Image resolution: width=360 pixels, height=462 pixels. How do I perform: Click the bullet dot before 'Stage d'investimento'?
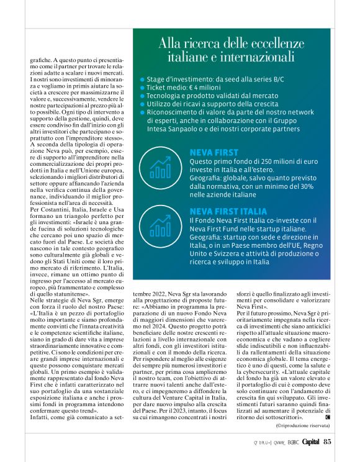tap(142, 80)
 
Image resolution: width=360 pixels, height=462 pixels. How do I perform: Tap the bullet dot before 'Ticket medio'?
tap(142, 88)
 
